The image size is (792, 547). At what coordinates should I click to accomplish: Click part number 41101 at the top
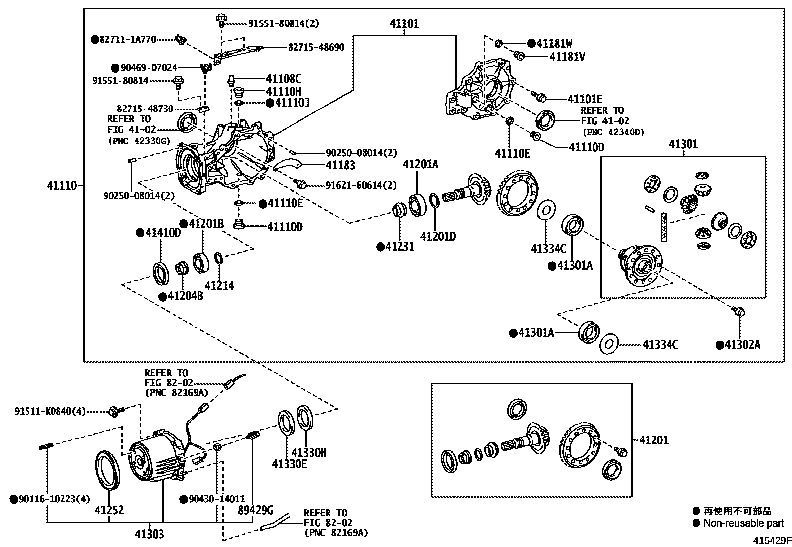(404, 23)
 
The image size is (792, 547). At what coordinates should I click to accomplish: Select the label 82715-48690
(316, 47)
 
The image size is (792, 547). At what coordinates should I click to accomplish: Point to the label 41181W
(554, 43)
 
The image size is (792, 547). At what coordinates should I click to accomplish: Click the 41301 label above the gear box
(683, 144)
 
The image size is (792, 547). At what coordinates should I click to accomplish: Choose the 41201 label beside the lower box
(654, 440)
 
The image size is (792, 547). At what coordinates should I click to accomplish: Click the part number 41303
(149, 534)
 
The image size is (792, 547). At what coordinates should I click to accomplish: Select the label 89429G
(256, 510)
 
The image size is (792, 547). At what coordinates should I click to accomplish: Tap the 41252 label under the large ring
(109, 510)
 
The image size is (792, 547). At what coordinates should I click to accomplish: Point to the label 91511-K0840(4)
(50, 411)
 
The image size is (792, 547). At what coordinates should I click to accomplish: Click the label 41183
(340, 165)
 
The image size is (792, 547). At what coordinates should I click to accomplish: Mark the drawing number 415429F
(771, 540)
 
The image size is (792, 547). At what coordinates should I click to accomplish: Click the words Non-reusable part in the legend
(743, 523)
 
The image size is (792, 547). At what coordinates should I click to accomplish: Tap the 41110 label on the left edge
(62, 185)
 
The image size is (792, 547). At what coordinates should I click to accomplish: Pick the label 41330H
(308, 452)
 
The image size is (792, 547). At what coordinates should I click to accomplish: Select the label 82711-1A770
(128, 39)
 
